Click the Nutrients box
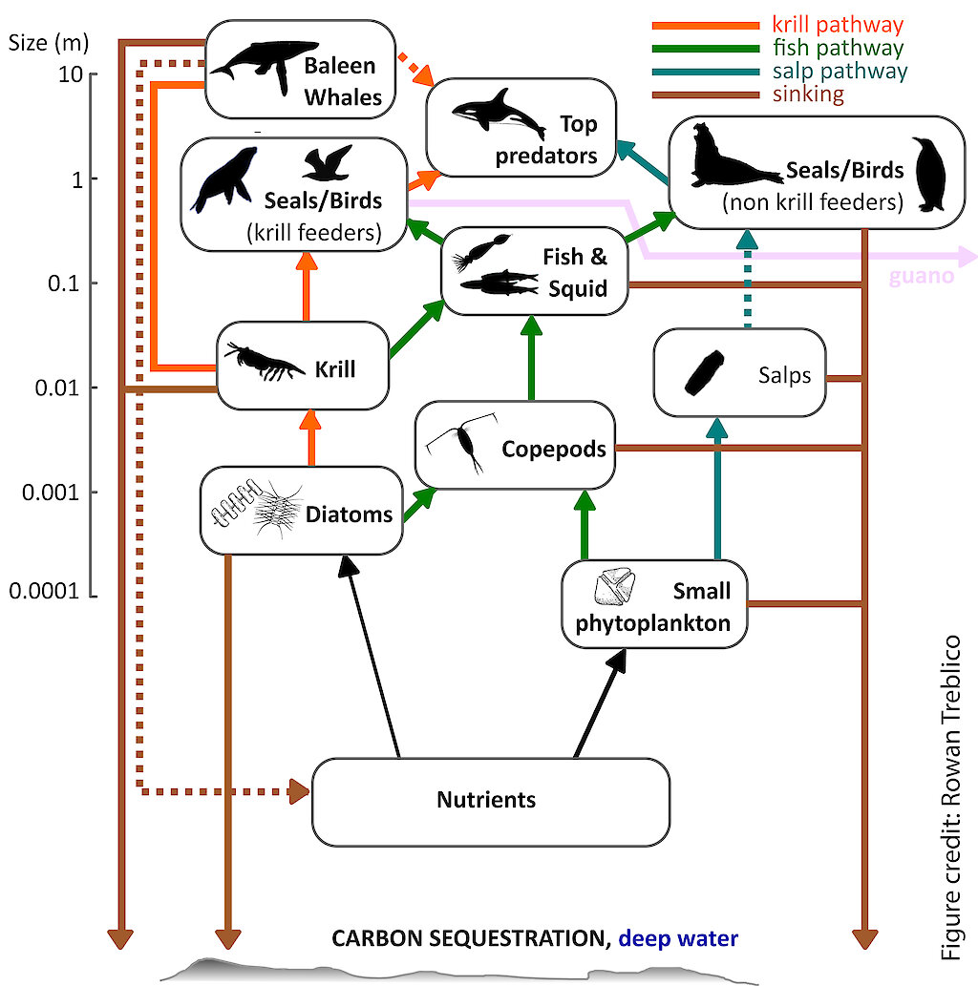point(490,801)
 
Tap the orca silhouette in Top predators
point(494,114)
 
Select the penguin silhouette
point(929,175)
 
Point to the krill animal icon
point(261,364)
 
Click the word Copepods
point(554,448)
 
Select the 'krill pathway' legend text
point(837,25)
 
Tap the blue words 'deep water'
point(677,938)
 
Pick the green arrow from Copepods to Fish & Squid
point(530,360)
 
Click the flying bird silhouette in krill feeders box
point(329,163)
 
